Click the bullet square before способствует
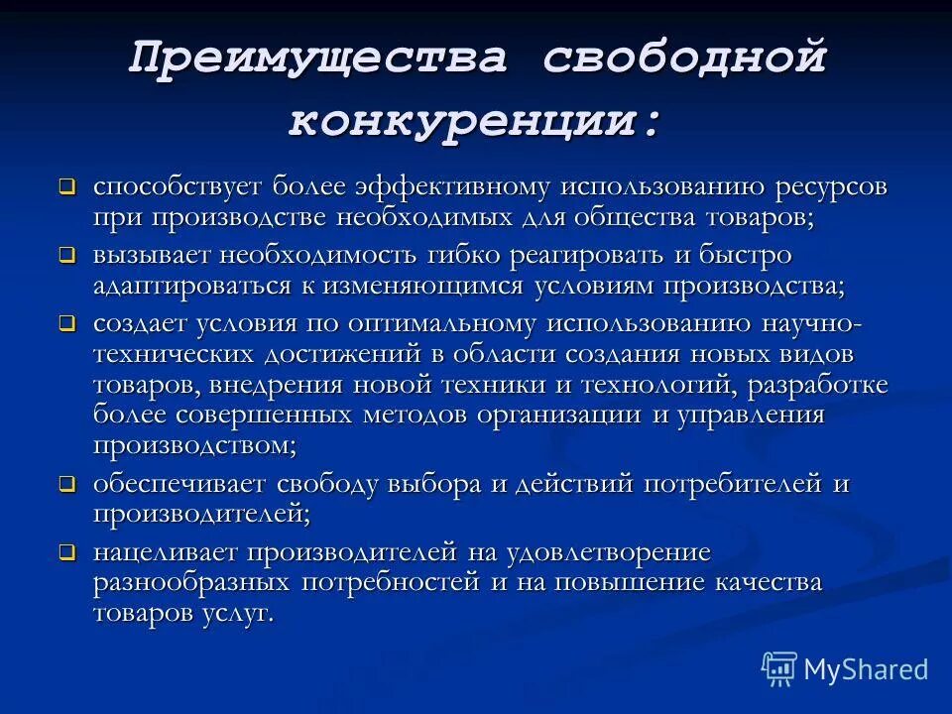(66, 185)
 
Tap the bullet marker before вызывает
(66, 255)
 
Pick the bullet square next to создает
(66, 323)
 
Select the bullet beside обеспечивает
(66, 485)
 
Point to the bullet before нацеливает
(66, 552)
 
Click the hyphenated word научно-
(809, 323)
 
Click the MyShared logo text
(866, 669)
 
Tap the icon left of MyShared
(779, 669)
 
